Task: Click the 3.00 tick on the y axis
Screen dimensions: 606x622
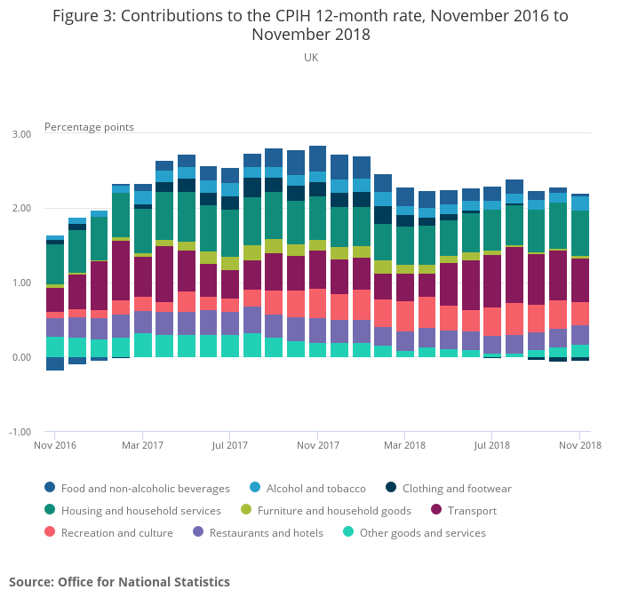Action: point(20,134)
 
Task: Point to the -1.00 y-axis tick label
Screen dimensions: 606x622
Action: point(20,432)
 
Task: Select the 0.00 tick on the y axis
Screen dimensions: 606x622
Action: point(20,357)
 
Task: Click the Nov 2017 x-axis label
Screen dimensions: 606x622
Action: point(318,444)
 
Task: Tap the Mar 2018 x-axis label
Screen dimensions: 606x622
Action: point(405,444)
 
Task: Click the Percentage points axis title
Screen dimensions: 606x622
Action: point(89,127)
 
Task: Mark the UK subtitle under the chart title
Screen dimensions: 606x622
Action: point(310,58)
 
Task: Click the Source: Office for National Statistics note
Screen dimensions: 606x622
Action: point(119,582)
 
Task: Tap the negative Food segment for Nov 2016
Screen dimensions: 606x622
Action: point(55,363)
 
